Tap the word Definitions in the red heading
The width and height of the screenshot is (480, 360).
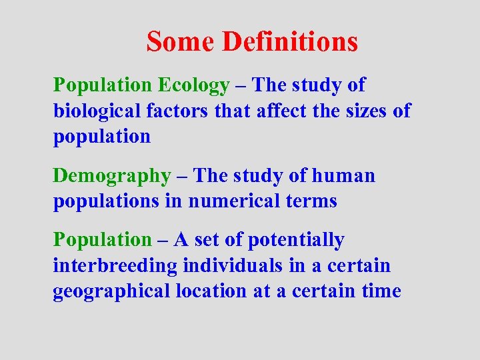[x=290, y=41]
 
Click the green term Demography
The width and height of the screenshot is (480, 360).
[x=112, y=176]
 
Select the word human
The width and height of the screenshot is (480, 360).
[x=343, y=176]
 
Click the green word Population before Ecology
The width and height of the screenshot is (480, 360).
[x=103, y=85]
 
